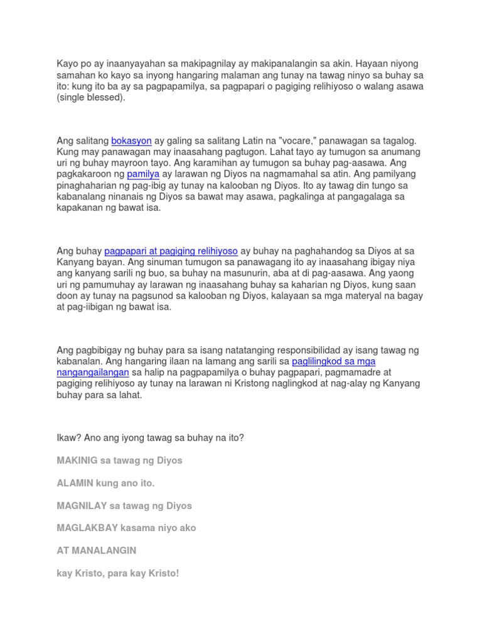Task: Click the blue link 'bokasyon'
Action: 131,141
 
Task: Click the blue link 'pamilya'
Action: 144,174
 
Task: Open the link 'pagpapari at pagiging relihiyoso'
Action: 171,251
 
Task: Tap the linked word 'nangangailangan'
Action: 93,372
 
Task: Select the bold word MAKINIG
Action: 77,460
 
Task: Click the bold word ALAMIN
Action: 75,483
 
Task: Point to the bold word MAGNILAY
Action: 80,505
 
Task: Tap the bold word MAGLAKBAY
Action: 83,528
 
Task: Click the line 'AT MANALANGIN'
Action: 96,550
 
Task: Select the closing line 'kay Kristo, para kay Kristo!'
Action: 118,573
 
